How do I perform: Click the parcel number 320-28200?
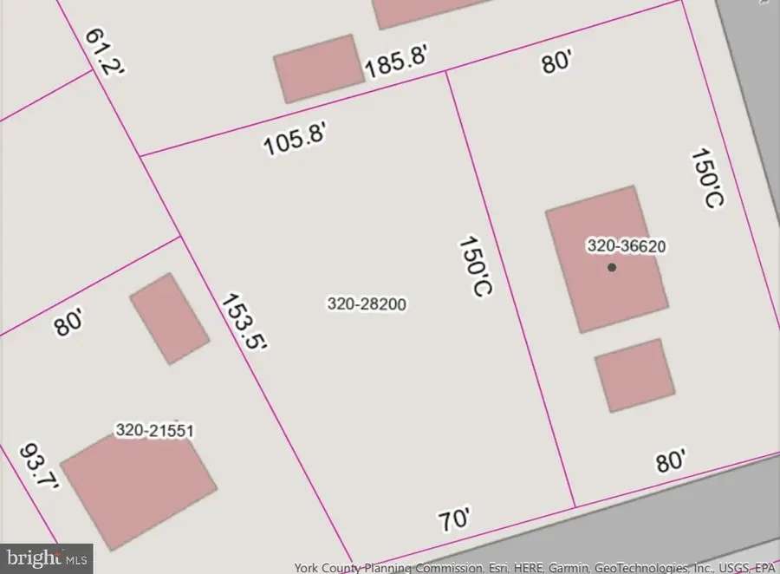click(x=367, y=304)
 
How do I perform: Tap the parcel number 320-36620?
click(x=626, y=246)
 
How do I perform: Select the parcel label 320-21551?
click(x=154, y=430)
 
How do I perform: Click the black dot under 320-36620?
click(x=612, y=267)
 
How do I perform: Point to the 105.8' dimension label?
click(x=296, y=138)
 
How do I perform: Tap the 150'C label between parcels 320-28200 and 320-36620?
click(x=474, y=266)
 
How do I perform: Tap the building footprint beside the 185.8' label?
click(x=319, y=68)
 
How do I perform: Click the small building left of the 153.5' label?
click(x=169, y=318)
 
